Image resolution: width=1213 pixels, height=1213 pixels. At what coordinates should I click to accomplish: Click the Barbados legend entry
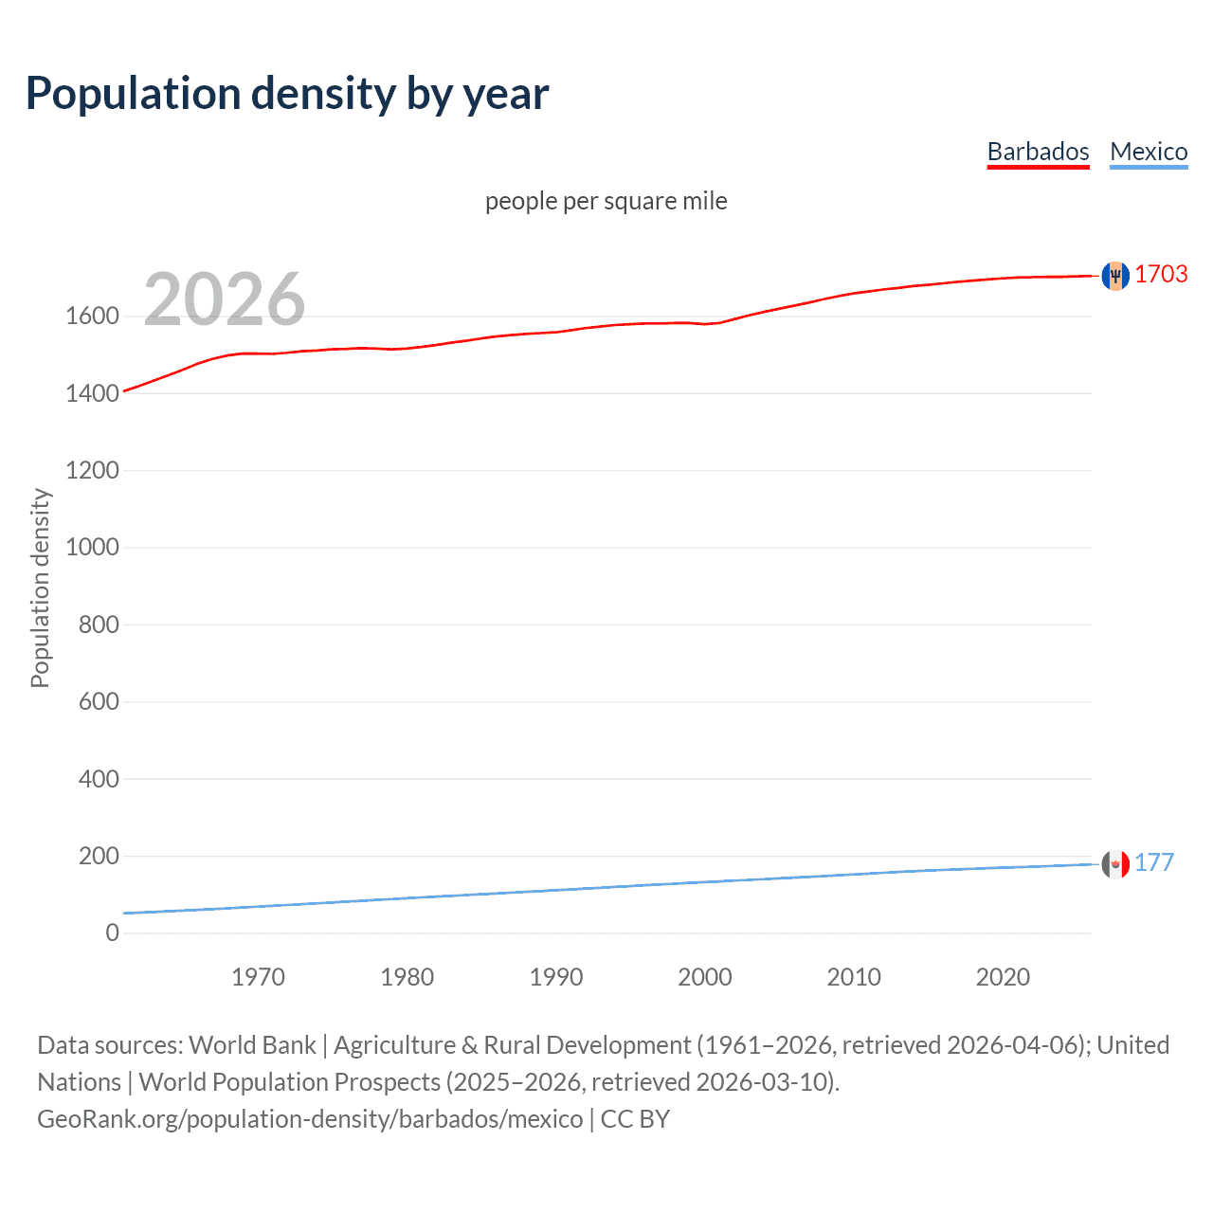tap(1038, 152)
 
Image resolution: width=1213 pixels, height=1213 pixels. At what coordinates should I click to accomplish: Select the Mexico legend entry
tap(1149, 152)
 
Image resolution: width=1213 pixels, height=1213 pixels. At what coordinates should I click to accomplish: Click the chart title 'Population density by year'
tap(287, 94)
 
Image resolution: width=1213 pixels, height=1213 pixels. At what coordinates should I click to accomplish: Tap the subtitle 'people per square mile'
tap(606, 201)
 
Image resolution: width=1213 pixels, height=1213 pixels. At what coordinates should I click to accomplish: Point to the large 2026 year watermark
tap(225, 299)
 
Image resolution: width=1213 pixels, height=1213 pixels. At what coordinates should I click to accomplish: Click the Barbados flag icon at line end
tap(1115, 275)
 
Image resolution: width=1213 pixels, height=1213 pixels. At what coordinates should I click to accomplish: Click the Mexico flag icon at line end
tap(1115, 863)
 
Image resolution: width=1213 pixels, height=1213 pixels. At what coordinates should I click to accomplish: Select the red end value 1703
tap(1161, 274)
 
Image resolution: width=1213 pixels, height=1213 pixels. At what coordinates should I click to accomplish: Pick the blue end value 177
tap(1154, 862)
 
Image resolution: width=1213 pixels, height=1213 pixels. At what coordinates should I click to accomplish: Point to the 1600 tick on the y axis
tap(92, 317)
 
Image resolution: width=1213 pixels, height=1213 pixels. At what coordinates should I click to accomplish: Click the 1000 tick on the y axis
tap(92, 548)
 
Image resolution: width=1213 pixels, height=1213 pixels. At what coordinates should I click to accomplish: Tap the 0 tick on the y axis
tap(113, 933)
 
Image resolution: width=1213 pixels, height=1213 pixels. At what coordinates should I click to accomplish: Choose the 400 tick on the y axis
tap(99, 779)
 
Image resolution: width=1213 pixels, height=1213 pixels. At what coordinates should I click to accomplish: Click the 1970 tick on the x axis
tap(258, 977)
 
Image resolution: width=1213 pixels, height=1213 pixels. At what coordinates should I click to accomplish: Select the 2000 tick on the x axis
tap(705, 977)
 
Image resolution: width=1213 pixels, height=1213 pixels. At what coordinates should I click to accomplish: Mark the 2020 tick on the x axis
tap(1003, 977)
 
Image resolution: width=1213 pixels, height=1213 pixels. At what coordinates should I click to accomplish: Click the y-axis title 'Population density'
tap(40, 588)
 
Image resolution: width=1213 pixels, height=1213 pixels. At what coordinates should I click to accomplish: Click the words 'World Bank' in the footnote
tap(252, 1045)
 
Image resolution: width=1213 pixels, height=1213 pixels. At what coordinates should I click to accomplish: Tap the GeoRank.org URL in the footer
tap(310, 1119)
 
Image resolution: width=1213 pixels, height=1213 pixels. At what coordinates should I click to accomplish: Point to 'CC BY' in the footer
tap(635, 1119)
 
